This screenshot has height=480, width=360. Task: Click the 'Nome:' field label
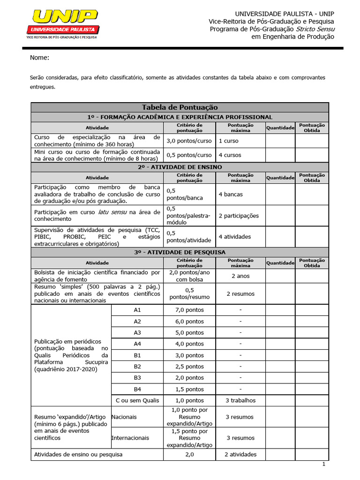[39, 58]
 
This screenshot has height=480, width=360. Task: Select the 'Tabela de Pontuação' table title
[180, 108]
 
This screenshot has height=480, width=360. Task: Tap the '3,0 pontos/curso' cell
[189, 141]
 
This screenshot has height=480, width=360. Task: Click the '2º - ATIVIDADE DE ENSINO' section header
[180, 167]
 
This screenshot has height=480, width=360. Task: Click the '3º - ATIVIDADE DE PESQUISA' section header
[180, 252]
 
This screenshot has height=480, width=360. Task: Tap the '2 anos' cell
[240, 276]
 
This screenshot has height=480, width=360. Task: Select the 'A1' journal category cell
[137, 310]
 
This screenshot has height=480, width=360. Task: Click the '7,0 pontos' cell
[189, 310]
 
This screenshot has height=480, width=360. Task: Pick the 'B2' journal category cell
[137, 367]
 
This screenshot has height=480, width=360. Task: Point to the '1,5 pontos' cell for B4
[189, 389]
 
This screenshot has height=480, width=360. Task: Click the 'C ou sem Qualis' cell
[137, 400]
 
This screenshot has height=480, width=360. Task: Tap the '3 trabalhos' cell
[240, 400]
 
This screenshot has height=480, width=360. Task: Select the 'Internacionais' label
[130, 438]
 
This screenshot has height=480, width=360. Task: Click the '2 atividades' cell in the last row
[240, 454]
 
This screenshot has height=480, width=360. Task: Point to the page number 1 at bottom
[323, 464]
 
